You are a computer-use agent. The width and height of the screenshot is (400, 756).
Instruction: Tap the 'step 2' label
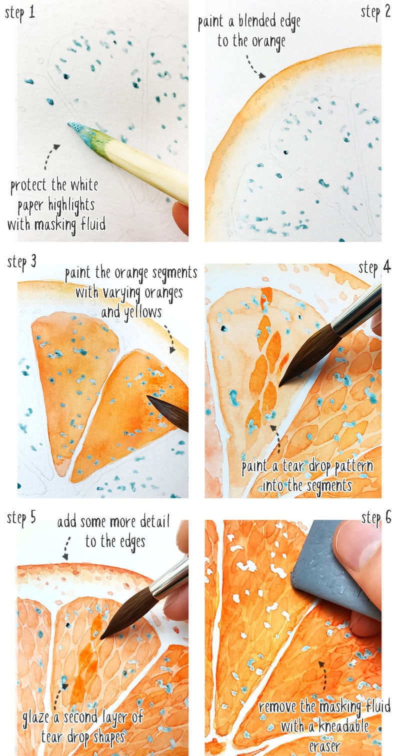tap(375, 12)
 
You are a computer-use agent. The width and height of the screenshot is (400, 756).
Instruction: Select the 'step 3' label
tap(22, 261)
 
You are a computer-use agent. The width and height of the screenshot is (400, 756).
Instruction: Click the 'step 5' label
tap(21, 518)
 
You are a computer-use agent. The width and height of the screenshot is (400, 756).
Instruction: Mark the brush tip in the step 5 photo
tap(102, 637)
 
